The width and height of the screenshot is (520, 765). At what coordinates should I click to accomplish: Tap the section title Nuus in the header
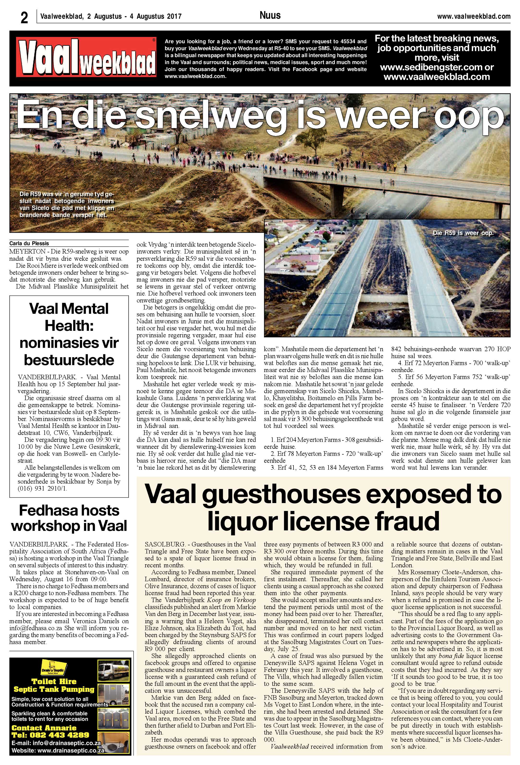270,15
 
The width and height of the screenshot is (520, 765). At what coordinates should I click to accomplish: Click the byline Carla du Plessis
29,243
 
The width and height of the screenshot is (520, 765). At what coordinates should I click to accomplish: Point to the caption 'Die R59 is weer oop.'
463,233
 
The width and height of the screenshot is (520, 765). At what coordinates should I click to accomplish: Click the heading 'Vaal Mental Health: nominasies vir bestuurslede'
69,334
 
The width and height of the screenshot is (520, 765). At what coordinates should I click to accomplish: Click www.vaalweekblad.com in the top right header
474,16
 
